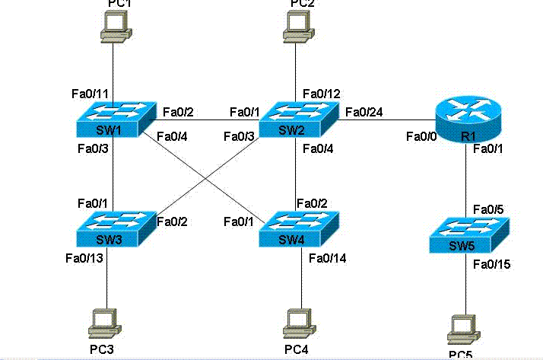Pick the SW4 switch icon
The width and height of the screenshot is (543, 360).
297,228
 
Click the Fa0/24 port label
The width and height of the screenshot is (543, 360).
363,113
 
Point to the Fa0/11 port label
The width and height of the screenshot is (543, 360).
88,94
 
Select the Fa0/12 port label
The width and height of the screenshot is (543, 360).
321,94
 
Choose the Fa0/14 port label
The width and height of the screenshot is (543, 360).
327,259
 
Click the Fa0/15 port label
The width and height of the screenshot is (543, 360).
491,265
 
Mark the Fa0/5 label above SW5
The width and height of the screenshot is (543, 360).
488,209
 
